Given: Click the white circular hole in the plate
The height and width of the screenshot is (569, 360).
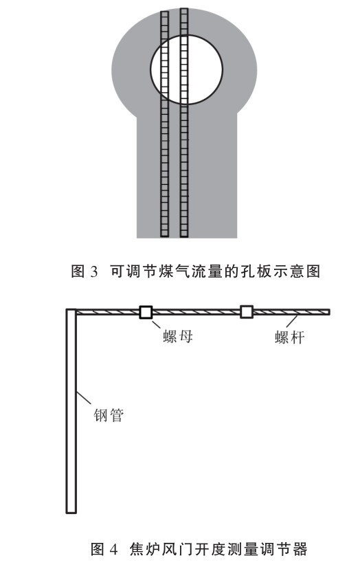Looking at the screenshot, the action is (x=187, y=69).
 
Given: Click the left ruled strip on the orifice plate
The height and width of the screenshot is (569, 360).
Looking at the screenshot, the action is (x=164, y=124).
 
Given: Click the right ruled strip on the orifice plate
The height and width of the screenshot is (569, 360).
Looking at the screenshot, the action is (x=184, y=122).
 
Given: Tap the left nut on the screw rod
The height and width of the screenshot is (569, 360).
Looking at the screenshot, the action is (x=146, y=312).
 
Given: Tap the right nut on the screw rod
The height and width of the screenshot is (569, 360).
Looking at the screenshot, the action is (x=247, y=312).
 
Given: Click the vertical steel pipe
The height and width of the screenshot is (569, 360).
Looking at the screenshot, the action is (x=71, y=411).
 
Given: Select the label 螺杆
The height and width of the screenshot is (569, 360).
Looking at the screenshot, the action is (x=289, y=338).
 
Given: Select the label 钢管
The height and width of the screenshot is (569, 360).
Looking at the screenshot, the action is (x=109, y=415).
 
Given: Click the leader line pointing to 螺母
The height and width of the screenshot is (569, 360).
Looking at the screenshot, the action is (x=157, y=325).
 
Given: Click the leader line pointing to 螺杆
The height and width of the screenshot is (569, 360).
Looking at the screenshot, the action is (x=292, y=322).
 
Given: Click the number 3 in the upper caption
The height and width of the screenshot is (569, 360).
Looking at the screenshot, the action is (x=93, y=271).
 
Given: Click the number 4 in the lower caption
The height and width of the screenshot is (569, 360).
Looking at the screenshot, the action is (x=113, y=549).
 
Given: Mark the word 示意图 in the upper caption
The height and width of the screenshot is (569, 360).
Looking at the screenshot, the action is (x=297, y=271).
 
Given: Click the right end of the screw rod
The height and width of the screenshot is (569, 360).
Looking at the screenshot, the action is (x=329, y=312).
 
